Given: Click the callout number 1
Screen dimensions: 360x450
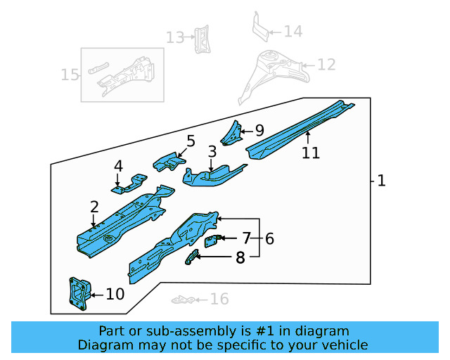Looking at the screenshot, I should [x=381, y=181].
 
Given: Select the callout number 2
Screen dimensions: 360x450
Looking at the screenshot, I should [x=94, y=207].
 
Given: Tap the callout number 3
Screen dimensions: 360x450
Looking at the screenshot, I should [x=212, y=152].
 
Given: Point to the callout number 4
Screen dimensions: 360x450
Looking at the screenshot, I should [x=118, y=167].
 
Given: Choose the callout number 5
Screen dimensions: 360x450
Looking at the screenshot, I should [x=191, y=141].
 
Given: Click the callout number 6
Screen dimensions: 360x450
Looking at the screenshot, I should [x=269, y=238].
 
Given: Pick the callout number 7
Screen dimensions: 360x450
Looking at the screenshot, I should [x=246, y=238].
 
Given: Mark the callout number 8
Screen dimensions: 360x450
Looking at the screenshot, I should [x=240, y=258].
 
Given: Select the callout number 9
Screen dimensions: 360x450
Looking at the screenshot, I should [x=259, y=130].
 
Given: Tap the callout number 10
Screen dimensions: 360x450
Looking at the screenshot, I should [x=115, y=294].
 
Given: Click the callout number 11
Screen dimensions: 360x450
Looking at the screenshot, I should [x=310, y=152].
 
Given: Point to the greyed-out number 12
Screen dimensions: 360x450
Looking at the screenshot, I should [x=326, y=65].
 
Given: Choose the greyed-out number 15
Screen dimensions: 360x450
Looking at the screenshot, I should [x=70, y=75].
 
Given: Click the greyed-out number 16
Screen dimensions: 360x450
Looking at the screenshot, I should [x=219, y=300].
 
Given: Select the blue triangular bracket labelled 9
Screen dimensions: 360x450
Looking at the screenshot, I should [x=231, y=132].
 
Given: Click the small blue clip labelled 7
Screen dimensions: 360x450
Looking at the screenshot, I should [x=211, y=241].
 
